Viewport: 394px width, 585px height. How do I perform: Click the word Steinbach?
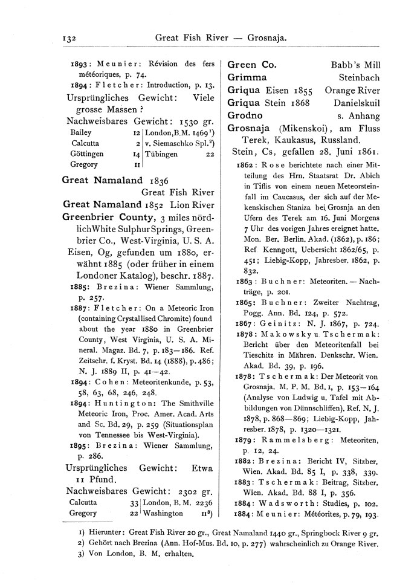coord(359,77)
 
